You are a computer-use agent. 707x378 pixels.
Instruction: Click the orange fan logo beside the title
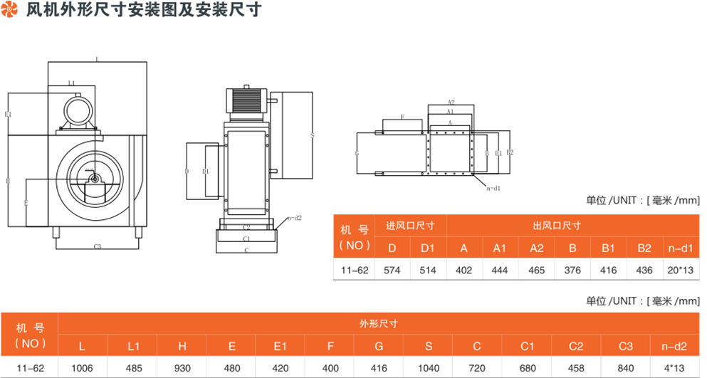tap(10, 10)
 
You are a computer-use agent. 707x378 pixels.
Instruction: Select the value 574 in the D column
tap(392, 271)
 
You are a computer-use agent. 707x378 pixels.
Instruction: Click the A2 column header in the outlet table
tap(536, 248)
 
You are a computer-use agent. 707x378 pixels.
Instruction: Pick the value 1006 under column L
tap(82, 368)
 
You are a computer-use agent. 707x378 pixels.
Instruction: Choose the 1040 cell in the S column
tap(428, 368)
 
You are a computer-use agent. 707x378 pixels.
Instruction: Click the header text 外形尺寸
tap(379, 323)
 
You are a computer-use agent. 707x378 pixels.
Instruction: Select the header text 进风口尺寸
tap(410, 226)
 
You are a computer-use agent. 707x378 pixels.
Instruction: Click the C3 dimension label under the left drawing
tap(98, 246)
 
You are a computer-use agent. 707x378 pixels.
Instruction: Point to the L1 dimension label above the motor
tap(72, 84)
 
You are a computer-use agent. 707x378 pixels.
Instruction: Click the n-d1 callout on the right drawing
tap(494, 188)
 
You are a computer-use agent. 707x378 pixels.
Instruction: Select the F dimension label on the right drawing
tap(402, 117)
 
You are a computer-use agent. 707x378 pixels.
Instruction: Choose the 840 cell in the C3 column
tap(625, 368)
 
